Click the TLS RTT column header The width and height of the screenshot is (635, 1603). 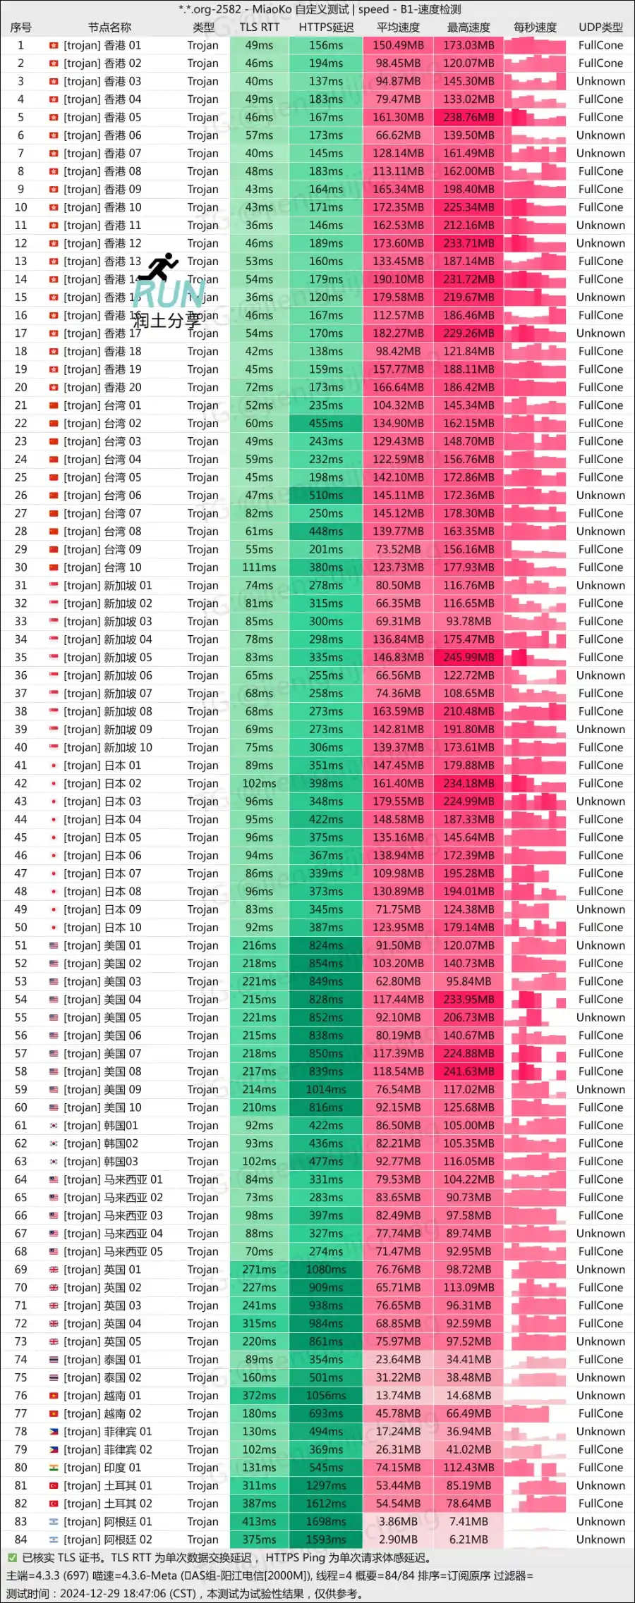click(259, 27)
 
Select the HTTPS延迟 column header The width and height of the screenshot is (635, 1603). click(326, 27)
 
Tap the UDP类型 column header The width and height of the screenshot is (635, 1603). click(600, 27)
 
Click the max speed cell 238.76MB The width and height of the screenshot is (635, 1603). click(468, 117)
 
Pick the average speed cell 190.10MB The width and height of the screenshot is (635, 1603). click(398, 279)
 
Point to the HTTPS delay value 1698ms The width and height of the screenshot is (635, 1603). click(326, 1521)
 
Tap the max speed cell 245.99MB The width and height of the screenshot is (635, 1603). click(468, 657)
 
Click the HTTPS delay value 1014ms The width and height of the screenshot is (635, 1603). click(326, 1089)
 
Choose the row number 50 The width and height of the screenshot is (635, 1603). click(21, 927)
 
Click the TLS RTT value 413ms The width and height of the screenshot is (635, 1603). click(259, 1521)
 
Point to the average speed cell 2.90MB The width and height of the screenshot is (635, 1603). click(398, 1540)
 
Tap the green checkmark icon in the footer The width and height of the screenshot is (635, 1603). click(12, 1558)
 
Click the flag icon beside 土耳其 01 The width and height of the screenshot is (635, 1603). click(54, 1485)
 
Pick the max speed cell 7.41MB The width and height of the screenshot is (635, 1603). click(468, 1521)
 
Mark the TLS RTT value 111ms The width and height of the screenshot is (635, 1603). click(259, 567)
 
